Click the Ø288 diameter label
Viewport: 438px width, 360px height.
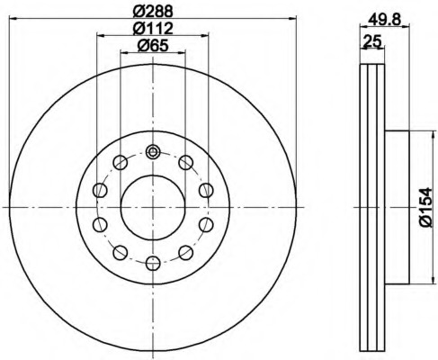[153, 12]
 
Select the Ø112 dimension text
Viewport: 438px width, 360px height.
[153, 29]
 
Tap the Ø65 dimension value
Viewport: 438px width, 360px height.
[153, 46]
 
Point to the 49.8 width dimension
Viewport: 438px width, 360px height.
[384, 20]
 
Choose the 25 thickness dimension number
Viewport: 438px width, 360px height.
[371, 40]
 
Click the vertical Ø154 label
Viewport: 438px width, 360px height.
[425, 208]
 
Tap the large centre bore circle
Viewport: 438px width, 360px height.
[153, 207]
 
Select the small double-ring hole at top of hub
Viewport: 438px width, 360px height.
[153, 152]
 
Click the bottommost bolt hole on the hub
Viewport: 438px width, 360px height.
[153, 264]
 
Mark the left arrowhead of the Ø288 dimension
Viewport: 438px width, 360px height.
[13, 19]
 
